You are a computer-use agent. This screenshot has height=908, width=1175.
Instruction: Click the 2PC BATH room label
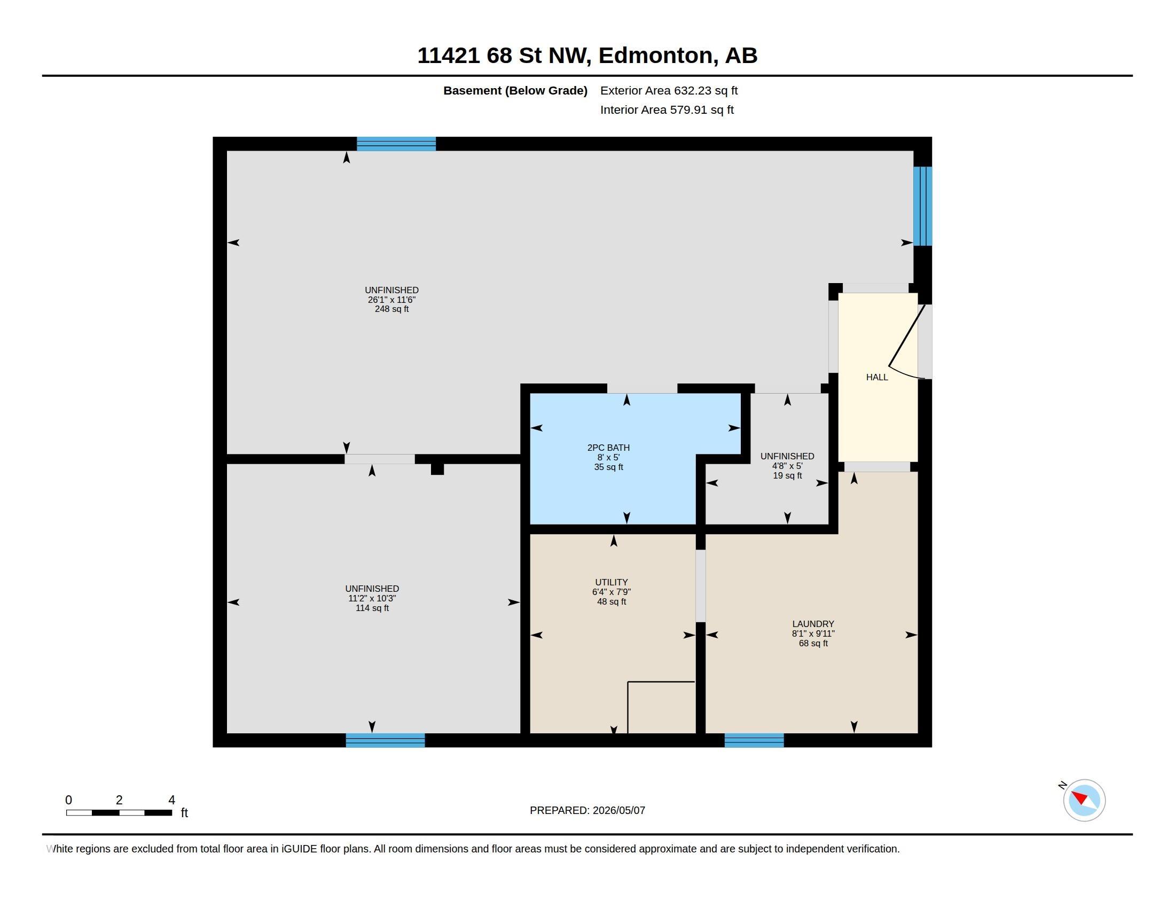pos(608,448)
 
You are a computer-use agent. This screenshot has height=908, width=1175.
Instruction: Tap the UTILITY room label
pos(611,582)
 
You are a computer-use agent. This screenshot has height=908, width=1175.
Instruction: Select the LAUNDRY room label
pos(813,624)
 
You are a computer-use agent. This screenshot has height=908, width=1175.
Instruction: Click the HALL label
pos(877,377)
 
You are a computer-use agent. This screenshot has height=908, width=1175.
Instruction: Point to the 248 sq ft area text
pos(391,309)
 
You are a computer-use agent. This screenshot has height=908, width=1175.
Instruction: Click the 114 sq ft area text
pos(372,608)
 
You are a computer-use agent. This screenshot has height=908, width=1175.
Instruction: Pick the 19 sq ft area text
pos(787,475)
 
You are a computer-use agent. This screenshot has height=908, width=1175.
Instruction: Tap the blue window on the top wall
pos(396,144)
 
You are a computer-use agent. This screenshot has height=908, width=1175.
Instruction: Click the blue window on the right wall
pos(922,206)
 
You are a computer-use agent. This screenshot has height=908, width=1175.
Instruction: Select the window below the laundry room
pos(754,740)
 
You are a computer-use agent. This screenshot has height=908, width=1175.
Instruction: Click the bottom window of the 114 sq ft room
pos(385,740)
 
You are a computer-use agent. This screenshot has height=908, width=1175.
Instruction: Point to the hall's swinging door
pos(906,342)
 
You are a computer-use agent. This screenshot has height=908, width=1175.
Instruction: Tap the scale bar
pos(119,812)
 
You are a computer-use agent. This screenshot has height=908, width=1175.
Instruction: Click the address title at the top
pos(587,56)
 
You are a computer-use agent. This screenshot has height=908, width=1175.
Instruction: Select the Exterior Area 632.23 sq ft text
pos(669,90)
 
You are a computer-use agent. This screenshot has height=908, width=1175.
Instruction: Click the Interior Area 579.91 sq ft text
pos(667,109)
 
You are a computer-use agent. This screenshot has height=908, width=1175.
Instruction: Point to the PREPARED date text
pos(587,810)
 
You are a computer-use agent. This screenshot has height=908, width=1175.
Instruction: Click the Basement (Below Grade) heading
pos(515,90)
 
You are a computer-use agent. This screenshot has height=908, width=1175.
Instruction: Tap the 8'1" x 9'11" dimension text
pos(813,633)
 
